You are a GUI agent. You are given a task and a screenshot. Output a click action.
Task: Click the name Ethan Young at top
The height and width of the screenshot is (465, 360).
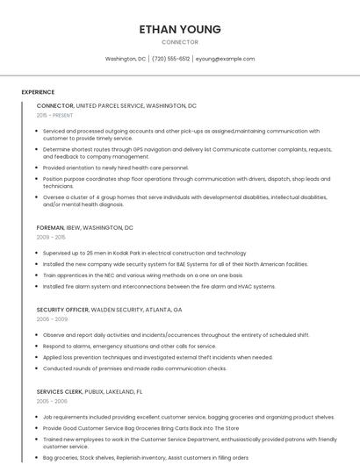click(180, 29)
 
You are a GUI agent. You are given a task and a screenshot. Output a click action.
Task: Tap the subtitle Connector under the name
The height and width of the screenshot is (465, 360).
click(180, 42)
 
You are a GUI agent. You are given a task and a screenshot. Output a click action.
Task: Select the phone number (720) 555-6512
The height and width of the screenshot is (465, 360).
click(170, 59)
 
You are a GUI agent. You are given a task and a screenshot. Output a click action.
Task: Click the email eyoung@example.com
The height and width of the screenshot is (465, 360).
click(225, 59)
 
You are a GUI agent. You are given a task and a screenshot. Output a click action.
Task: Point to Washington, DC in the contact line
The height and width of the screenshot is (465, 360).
click(126, 59)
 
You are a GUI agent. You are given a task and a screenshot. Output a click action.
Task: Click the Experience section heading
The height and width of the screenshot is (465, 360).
click(38, 92)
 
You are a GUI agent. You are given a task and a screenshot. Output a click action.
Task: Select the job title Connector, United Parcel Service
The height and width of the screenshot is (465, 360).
click(117, 105)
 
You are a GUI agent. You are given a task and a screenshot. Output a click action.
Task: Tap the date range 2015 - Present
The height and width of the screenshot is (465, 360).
click(54, 115)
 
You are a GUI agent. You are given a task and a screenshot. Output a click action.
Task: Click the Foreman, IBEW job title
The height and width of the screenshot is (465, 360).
click(85, 227)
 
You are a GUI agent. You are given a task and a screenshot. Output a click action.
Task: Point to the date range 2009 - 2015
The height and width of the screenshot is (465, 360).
click(51, 237)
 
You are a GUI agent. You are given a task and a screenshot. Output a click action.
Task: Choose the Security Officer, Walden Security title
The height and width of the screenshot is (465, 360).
click(109, 310)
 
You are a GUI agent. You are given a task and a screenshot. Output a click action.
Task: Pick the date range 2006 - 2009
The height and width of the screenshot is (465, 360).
click(52, 319)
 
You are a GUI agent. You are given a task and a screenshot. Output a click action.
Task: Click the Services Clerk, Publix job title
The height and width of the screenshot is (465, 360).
click(89, 391)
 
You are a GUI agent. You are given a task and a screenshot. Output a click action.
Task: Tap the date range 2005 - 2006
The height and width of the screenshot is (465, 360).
click(52, 401)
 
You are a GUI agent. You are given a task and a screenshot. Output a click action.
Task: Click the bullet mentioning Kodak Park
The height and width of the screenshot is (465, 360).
click(144, 253)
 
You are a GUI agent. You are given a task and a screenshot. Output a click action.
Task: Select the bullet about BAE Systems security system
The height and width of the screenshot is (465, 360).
click(175, 264)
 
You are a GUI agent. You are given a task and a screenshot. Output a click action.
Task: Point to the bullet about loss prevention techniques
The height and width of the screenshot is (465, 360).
click(157, 357)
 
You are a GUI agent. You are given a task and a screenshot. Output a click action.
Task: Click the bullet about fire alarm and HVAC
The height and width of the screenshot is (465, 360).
click(159, 286)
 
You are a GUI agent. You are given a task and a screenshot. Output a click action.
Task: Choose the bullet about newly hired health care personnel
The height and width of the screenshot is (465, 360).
click(115, 168)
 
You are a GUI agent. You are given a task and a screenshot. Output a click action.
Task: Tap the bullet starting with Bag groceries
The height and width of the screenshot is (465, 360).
click(145, 457)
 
